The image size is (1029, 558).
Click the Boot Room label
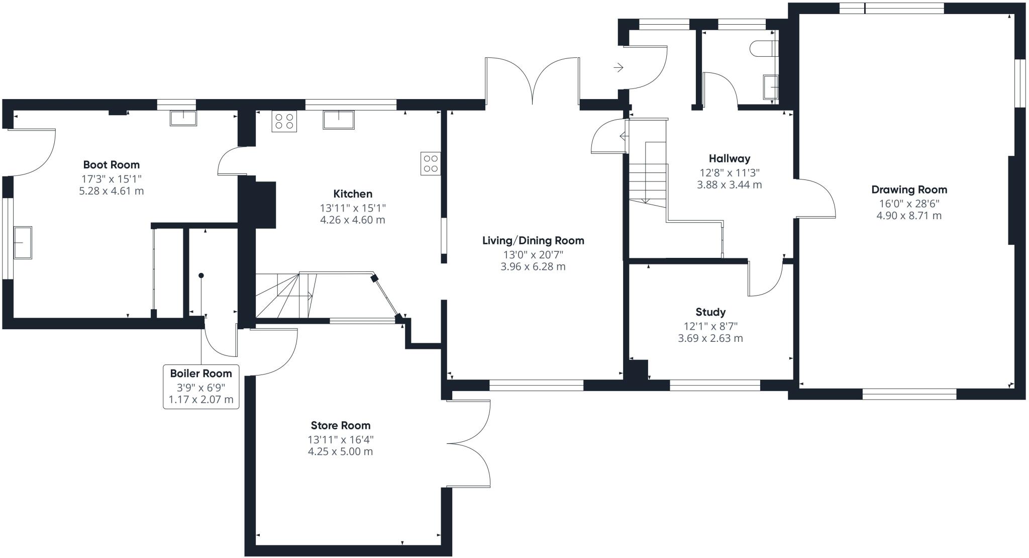click(112, 164)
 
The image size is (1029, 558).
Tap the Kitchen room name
click(353, 194)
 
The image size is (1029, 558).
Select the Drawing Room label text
click(909, 190)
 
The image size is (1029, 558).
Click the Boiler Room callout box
click(201, 387)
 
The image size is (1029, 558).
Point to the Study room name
click(710, 312)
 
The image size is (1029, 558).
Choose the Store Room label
click(341, 425)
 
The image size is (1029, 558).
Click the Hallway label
click(730, 158)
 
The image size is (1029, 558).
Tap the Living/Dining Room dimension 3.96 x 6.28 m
click(533, 266)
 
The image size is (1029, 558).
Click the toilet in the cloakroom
click(763, 49)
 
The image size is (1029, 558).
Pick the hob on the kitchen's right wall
click(431, 163)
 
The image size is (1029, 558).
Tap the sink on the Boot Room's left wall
click(22, 243)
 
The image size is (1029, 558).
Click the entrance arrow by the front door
click(619, 67)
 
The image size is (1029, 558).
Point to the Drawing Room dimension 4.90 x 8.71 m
click(909, 216)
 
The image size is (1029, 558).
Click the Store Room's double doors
click(468, 444)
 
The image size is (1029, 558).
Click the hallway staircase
click(647, 163)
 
